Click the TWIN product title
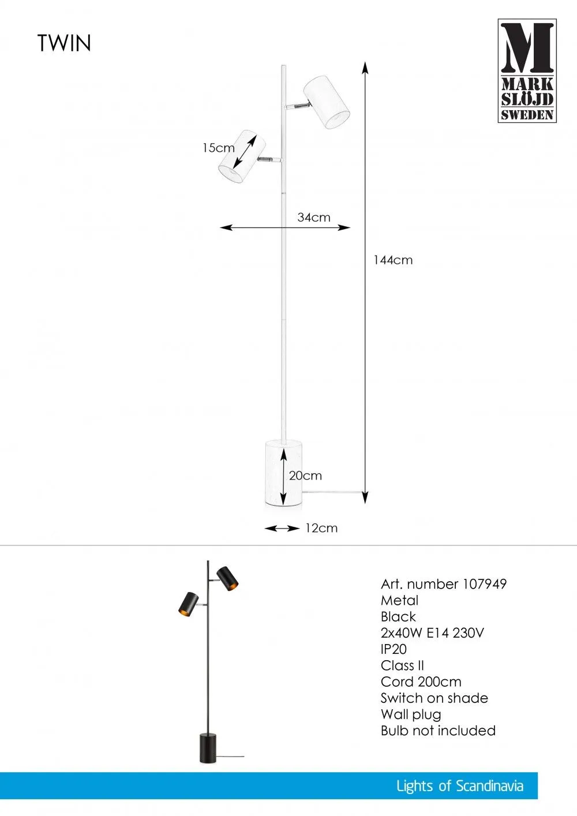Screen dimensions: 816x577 click(x=64, y=43)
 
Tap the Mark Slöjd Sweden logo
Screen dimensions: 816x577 click(x=527, y=70)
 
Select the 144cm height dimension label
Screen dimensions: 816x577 click(x=393, y=260)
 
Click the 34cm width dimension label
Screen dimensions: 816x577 click(x=313, y=218)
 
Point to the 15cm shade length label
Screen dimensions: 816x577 click(x=218, y=148)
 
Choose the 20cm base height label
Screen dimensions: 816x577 click(x=305, y=476)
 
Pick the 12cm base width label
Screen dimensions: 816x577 click(x=321, y=528)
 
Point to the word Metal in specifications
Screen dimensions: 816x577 click(x=399, y=600)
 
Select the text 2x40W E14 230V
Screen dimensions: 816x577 click(x=432, y=633)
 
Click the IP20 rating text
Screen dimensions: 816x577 click(x=394, y=649)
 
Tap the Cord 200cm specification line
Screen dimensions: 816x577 click(x=421, y=682)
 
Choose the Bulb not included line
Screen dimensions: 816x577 click(x=438, y=731)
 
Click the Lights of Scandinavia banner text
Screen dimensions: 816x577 click(x=459, y=786)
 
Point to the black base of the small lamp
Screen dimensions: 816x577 click(x=208, y=748)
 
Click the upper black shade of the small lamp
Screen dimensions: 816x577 click(x=228, y=578)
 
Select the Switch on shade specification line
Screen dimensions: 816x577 click(x=434, y=698)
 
